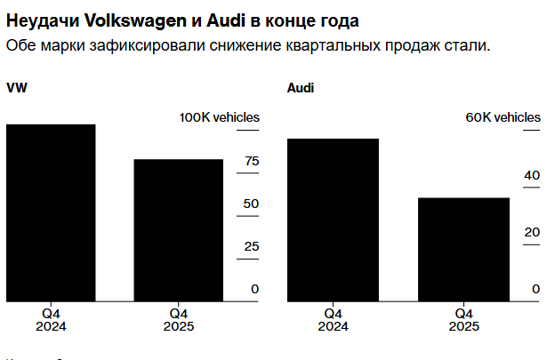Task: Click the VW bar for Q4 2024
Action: point(51,213)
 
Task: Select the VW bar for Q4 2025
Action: point(179,231)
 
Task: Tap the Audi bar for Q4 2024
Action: point(333,220)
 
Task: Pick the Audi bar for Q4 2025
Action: point(463,250)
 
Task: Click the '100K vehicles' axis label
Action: point(220,117)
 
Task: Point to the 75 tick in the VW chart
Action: point(252,161)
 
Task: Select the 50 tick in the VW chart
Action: point(252,204)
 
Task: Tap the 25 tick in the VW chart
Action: point(252,246)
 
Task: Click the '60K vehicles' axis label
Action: point(503,117)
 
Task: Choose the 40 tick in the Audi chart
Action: point(532,175)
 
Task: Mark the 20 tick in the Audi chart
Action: point(532,232)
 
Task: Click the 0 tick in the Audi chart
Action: point(535,289)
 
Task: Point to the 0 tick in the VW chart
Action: point(255,289)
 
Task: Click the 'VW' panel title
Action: point(16,88)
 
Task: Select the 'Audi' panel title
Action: point(301,88)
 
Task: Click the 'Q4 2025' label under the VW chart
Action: point(179,320)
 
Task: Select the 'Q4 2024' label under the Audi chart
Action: point(333,320)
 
